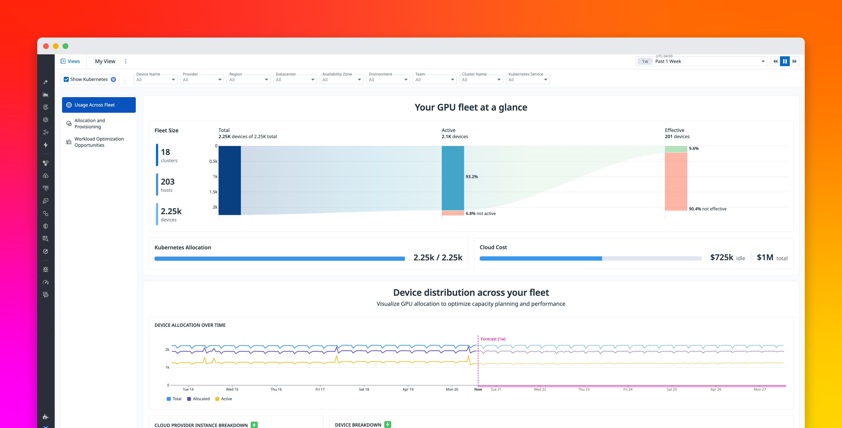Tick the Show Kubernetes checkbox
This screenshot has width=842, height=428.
[66, 79]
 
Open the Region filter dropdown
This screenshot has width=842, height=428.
[248, 80]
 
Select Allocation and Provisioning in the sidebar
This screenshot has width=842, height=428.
[90, 124]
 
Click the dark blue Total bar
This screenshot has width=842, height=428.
[230, 180]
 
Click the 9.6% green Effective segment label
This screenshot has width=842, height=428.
[693, 149]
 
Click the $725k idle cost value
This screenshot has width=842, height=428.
[721, 257]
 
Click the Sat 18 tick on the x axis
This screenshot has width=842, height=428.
[364, 389]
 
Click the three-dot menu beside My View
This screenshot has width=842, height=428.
[125, 61]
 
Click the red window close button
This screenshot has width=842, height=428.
[46, 46]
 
